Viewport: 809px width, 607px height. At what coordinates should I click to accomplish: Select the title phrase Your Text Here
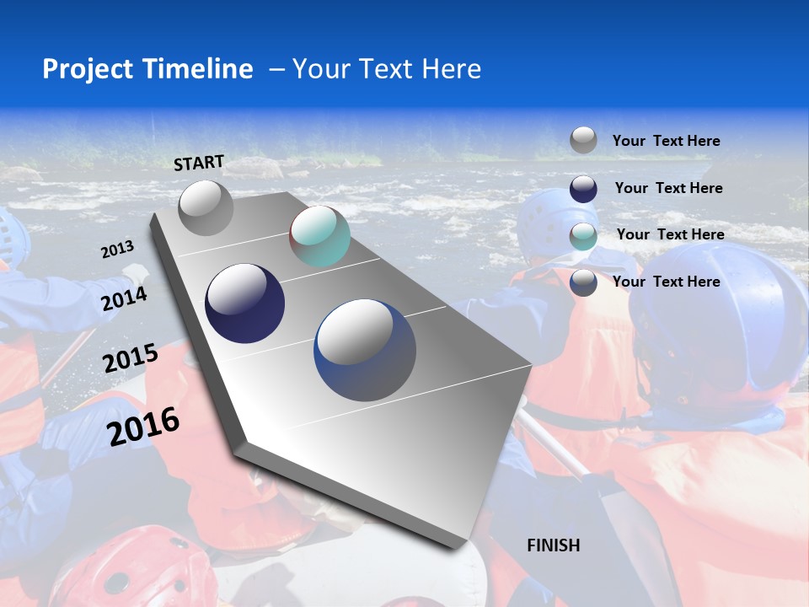point(387,69)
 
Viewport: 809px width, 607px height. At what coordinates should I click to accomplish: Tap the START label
point(199,163)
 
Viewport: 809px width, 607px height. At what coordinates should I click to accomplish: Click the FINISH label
point(554,545)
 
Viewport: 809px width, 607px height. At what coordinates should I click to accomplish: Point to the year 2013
point(117,250)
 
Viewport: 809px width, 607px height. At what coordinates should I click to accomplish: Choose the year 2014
point(125,298)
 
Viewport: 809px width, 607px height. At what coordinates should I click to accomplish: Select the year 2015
point(131,358)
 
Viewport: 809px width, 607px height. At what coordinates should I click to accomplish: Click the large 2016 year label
point(144,426)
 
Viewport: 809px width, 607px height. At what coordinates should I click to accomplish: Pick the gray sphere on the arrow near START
point(206,207)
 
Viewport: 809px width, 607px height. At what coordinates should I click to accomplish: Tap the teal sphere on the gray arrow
point(319,237)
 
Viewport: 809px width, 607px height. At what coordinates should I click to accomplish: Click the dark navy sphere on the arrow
point(245,303)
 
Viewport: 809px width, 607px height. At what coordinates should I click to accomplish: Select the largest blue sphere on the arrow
point(365,350)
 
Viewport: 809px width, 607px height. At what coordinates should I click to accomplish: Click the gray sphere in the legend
point(583,140)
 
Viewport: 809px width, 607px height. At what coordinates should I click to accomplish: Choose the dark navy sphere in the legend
point(583,189)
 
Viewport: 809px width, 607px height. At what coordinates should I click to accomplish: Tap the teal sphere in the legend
point(583,236)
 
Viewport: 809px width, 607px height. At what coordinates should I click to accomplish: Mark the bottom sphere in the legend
point(583,282)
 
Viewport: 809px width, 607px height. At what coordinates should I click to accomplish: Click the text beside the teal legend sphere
point(670,234)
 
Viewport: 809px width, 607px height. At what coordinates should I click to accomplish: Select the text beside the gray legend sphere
point(666,141)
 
